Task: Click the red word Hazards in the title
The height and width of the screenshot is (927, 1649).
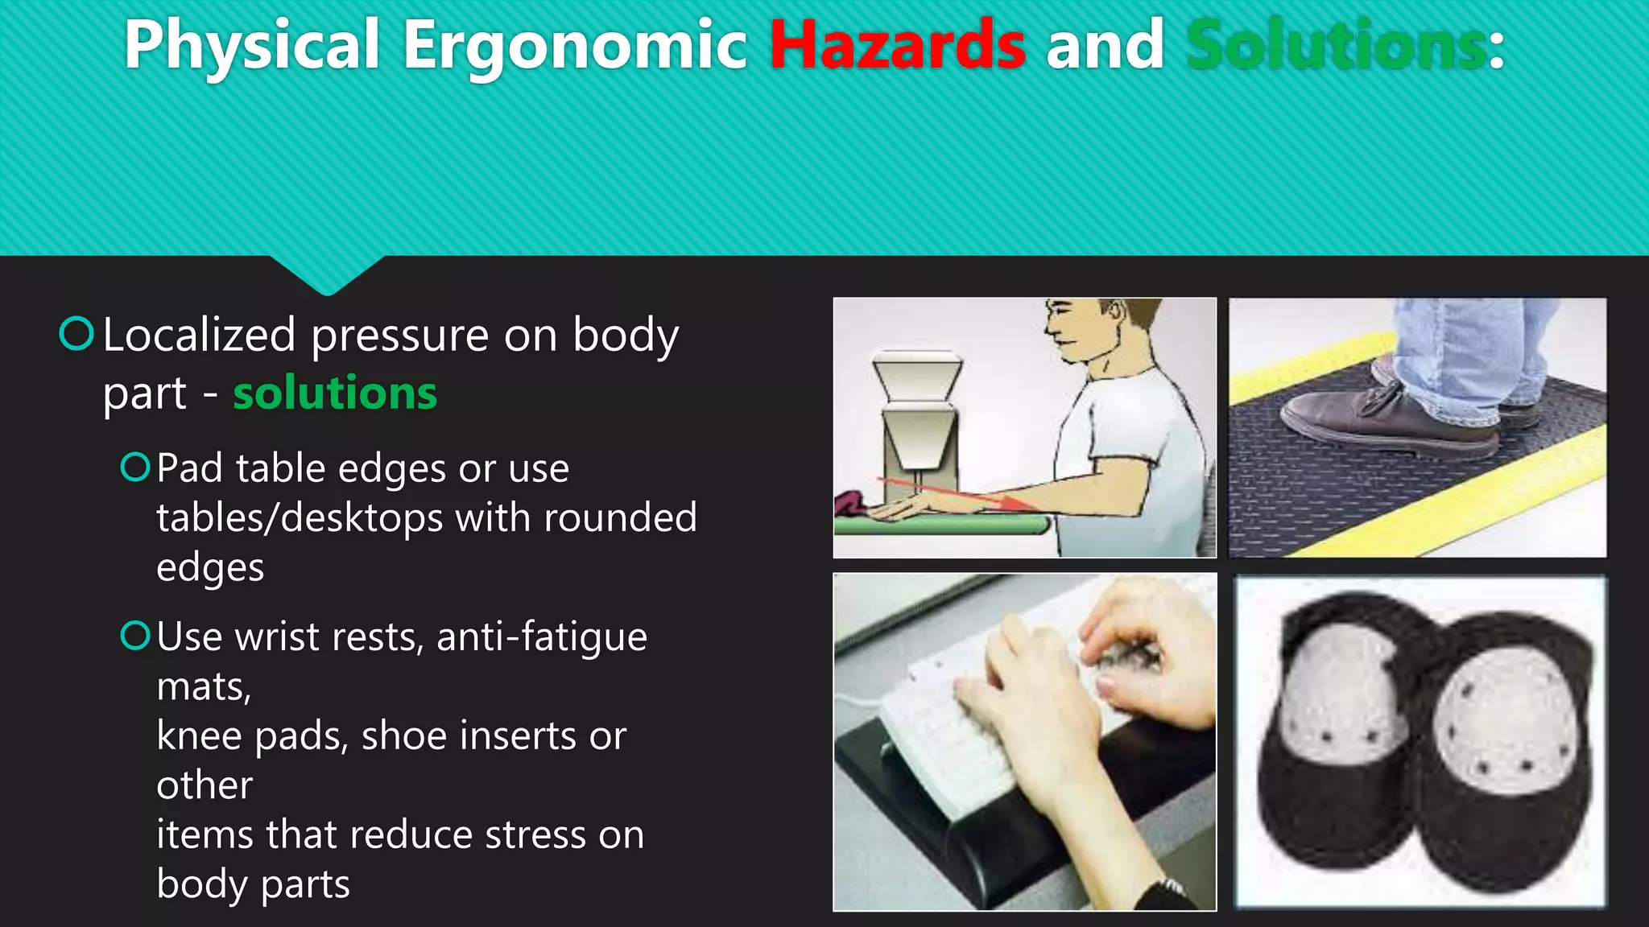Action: coord(897,45)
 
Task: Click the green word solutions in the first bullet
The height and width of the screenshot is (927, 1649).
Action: coord(335,393)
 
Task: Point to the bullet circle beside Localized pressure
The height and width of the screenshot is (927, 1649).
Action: coord(77,333)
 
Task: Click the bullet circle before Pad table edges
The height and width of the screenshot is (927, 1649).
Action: coord(135,467)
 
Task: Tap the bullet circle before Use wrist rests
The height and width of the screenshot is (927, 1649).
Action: coord(135,636)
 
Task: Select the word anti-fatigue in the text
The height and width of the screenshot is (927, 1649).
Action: coord(541,637)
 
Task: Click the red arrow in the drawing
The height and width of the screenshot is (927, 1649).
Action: coord(958,492)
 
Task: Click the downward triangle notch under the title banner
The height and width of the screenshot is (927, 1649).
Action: coord(327,274)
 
